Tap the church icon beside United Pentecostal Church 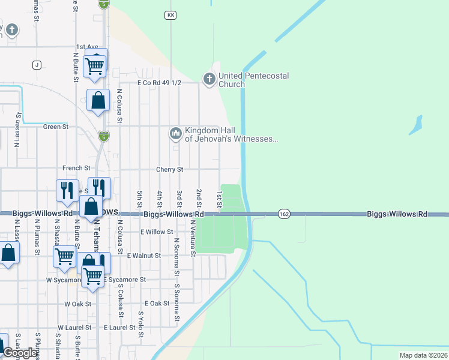209,79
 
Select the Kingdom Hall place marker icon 176,133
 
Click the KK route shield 171,14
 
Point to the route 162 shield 285,214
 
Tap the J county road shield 37,65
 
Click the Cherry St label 170,170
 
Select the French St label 76,168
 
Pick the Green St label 56,127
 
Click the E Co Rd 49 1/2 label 159,83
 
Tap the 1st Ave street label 86,46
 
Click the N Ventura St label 193,238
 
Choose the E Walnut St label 144,256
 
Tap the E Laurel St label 119,328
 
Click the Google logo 20,353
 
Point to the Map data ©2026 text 424,355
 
